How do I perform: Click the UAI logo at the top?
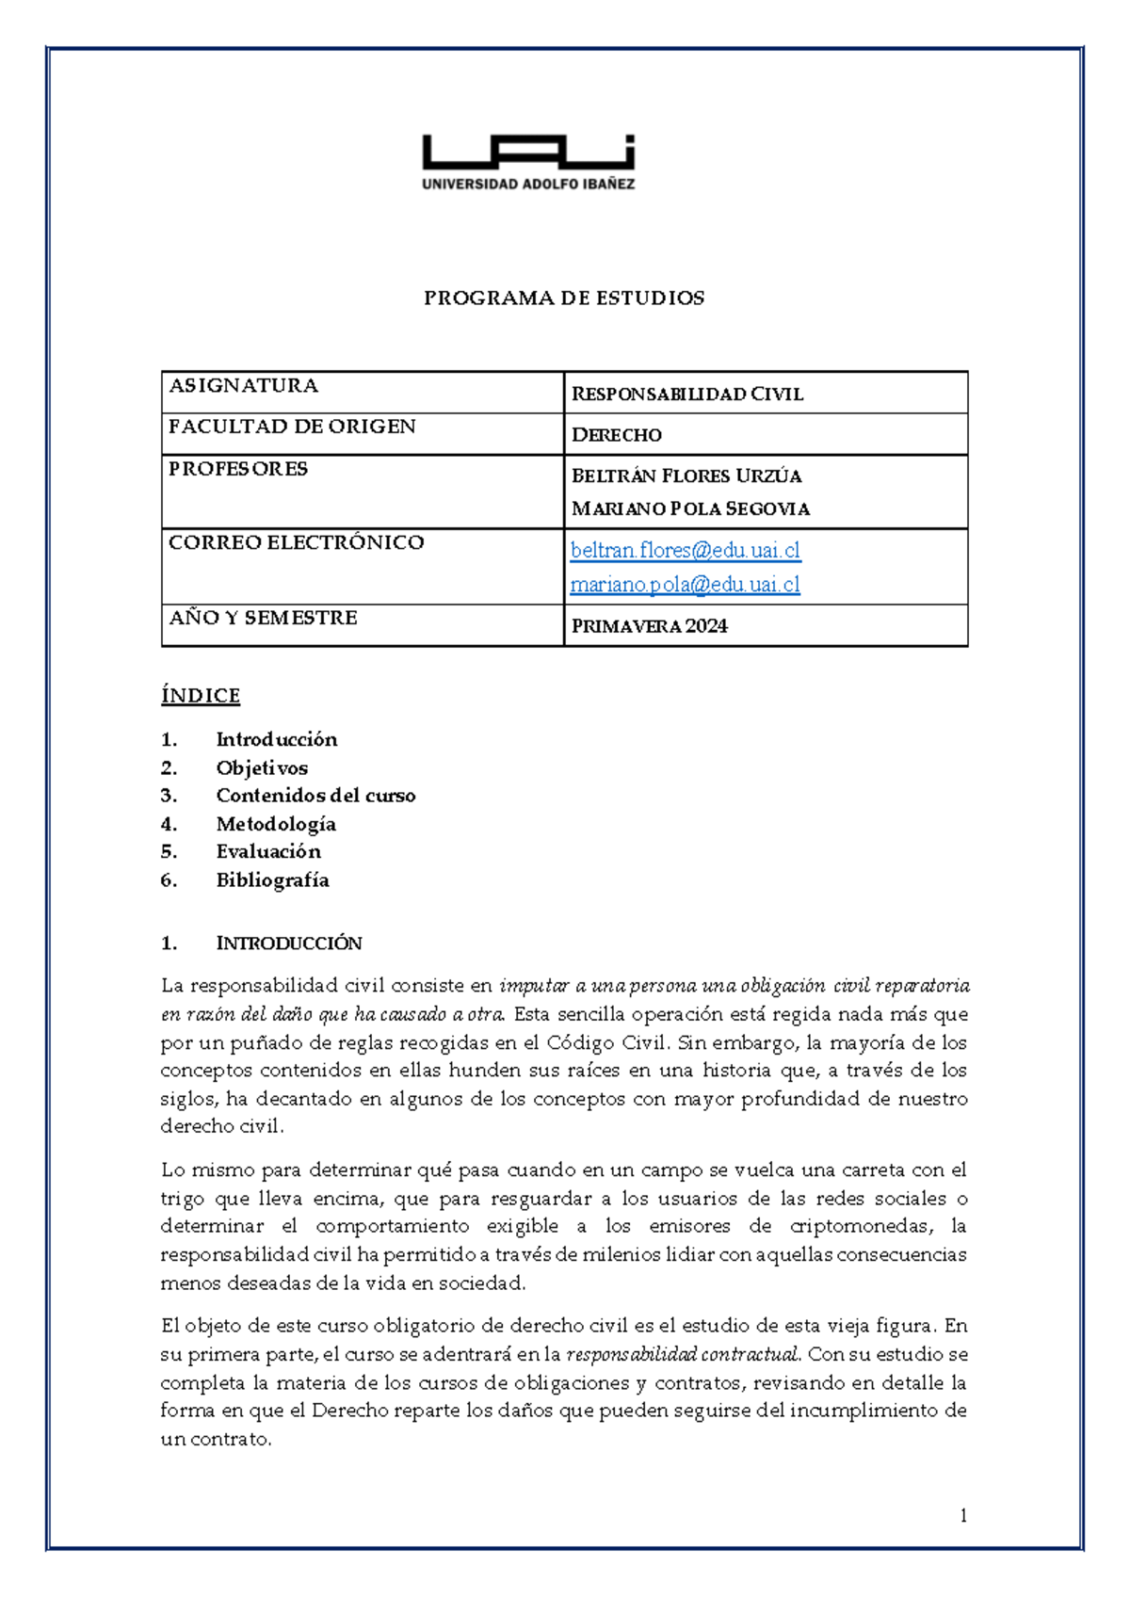point(528,162)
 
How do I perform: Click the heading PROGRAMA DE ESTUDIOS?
point(564,298)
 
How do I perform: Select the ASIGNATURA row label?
point(243,385)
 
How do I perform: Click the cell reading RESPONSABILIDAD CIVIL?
point(686,395)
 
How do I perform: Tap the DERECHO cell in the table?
point(616,435)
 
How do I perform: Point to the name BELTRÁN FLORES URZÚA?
point(686,476)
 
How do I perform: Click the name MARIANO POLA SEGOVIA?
point(690,509)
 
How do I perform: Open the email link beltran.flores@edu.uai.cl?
point(686,550)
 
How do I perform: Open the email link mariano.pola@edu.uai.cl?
point(685,585)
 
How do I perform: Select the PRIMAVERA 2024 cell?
point(649,626)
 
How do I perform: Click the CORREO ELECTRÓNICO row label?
point(296,542)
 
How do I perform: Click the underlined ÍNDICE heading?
point(201,696)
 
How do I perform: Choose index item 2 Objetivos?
point(261,768)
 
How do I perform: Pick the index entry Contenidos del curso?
point(315,796)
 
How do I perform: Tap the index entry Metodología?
point(276,824)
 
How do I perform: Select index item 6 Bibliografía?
point(272,880)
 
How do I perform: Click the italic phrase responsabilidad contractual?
point(684,1354)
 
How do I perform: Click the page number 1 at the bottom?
point(962,1515)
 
